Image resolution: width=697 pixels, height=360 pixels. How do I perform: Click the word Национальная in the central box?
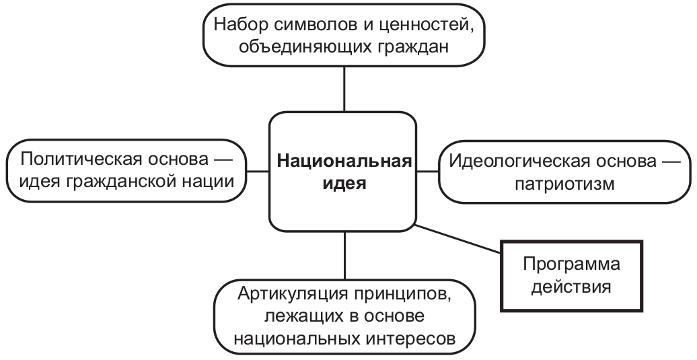point(344,161)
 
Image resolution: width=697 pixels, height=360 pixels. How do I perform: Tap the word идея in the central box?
point(344,184)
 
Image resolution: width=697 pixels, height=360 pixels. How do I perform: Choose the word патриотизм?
point(564,183)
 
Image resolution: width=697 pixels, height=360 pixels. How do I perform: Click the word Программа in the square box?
point(571,264)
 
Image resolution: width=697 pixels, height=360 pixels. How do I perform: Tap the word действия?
point(571,287)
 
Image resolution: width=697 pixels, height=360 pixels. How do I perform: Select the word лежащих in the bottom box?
point(301,316)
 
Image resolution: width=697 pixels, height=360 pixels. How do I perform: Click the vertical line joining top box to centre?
point(344,89)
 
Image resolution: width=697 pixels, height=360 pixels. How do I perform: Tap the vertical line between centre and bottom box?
point(344,255)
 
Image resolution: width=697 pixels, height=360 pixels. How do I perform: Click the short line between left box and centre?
point(258,172)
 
